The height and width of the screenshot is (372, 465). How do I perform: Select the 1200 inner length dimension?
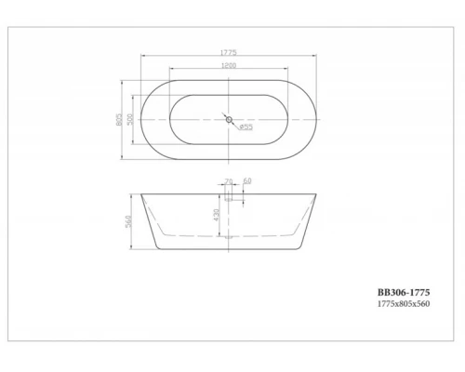[228, 66]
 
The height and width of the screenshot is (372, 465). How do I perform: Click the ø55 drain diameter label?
[246, 126]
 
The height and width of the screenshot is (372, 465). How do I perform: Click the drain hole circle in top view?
[228, 118]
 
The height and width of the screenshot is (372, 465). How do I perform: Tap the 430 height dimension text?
[218, 216]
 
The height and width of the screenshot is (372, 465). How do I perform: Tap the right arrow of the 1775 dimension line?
[314, 57]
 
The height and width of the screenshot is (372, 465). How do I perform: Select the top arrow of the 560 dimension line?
[134, 197]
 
